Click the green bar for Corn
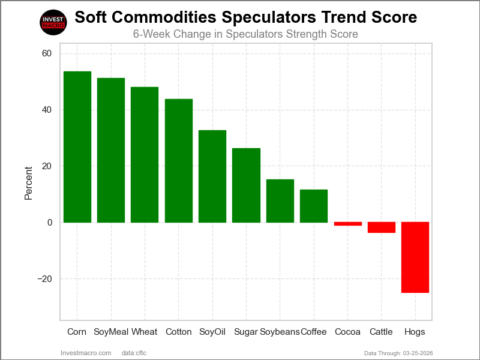(x=77, y=147)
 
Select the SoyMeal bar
(x=111, y=150)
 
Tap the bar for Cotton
(x=179, y=161)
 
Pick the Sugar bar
(x=246, y=185)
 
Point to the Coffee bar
(x=314, y=206)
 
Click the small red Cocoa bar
(x=348, y=224)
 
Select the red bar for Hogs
(x=415, y=257)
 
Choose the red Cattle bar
(x=382, y=227)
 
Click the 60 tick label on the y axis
(x=47, y=54)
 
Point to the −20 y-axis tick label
(x=43, y=279)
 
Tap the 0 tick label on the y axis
(x=49, y=223)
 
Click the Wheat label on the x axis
(x=145, y=332)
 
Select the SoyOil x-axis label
(x=212, y=332)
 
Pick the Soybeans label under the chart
(x=280, y=332)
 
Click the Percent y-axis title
(x=28, y=184)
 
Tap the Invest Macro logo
(x=53, y=23)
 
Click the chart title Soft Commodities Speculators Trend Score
(x=245, y=17)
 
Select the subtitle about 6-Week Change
(x=245, y=34)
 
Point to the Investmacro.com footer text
(x=86, y=353)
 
